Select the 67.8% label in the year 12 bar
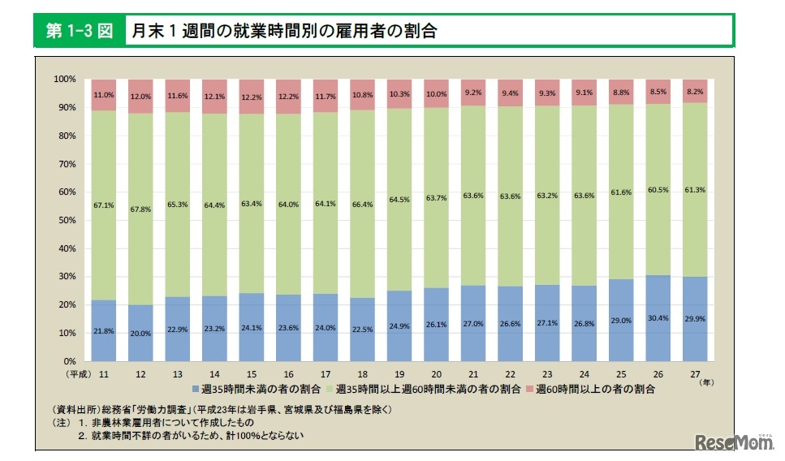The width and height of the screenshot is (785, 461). coord(140,208)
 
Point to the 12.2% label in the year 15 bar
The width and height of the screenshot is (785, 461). coord(252,97)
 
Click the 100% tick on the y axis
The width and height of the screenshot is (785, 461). coord(65,80)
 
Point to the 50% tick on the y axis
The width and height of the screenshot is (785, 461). coord(67,220)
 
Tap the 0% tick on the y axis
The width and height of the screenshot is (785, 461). coord(70,361)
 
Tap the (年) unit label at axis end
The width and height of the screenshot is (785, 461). coord(707,381)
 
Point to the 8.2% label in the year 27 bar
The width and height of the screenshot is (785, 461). coord(695,94)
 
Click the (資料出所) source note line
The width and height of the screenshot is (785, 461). coord(219,409)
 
